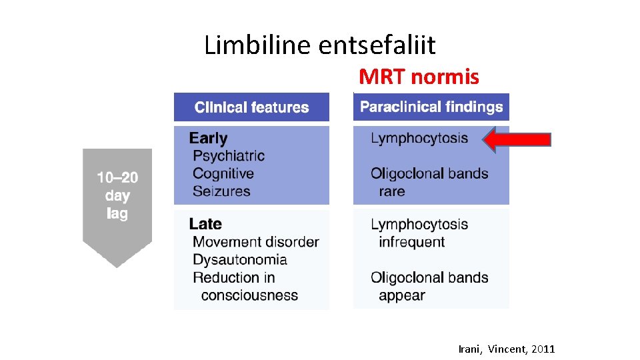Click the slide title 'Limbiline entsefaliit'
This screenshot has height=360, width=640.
319,45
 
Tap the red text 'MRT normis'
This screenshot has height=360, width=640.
419,77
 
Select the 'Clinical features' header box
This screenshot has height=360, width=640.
251,107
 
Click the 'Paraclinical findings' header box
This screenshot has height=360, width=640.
431,107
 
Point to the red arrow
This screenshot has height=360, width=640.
517,139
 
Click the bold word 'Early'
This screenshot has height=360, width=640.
208,138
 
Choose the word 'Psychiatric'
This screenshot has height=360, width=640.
229,156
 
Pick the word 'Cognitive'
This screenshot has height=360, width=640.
223,173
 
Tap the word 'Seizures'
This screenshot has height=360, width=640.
221,191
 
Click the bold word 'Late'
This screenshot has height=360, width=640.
205,224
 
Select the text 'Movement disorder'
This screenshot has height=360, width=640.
256,242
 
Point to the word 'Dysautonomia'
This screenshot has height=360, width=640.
240,259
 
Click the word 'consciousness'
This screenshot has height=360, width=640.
249,295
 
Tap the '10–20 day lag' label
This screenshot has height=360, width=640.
117,195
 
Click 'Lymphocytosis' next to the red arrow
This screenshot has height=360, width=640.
419,139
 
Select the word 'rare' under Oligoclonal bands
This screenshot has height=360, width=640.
392,191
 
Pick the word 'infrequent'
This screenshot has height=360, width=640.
411,242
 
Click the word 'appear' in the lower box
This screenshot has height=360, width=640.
401,295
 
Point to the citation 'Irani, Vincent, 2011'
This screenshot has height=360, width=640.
507,349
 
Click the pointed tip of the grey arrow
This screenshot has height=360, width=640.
117,267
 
